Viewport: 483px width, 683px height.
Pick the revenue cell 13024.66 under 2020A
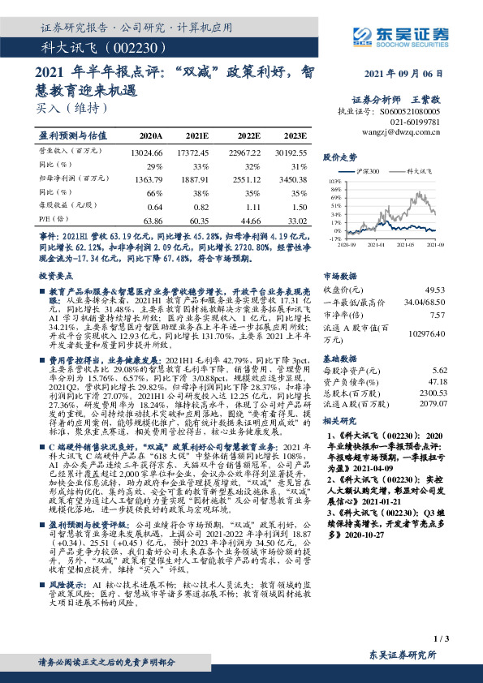[147, 151]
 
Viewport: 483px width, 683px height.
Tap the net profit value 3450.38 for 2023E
[290, 178]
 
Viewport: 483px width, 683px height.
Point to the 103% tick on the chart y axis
[334, 183]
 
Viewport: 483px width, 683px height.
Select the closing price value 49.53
[434, 289]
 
